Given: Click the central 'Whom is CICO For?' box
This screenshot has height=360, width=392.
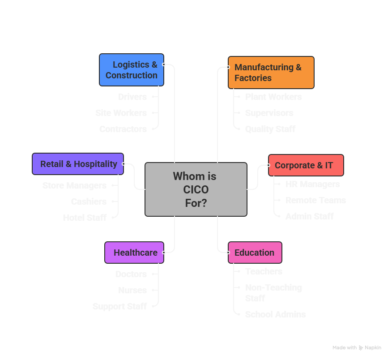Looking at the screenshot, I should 196,189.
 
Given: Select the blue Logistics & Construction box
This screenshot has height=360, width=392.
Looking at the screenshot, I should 132,70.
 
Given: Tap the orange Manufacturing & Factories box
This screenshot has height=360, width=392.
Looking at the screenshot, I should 271,73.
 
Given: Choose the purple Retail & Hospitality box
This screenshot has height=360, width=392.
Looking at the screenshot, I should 78,164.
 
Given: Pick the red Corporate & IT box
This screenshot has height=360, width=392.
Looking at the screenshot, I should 306,165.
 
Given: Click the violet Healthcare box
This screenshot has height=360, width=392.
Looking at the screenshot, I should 134,253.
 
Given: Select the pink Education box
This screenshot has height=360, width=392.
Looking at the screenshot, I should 255,253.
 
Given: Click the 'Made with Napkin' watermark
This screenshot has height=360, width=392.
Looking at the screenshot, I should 357,347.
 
